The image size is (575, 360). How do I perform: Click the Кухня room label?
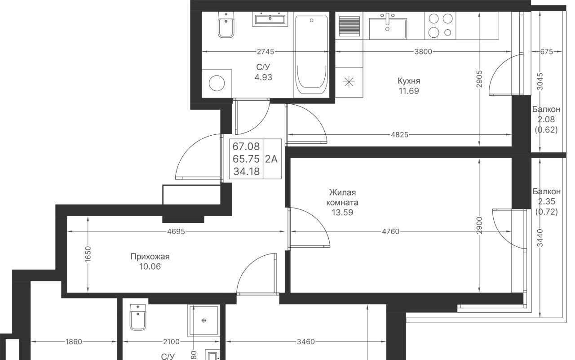[x=409, y=81]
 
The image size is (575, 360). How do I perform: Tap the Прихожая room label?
[x=150, y=257]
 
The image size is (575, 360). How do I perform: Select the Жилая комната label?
[x=342, y=197]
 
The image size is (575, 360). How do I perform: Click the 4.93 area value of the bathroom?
[x=263, y=77]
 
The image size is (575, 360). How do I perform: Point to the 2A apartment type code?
[x=271, y=159]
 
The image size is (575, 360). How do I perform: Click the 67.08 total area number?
[x=246, y=147]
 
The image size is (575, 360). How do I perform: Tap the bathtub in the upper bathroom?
[x=311, y=55]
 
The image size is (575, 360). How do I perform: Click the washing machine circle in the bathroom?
[x=217, y=83]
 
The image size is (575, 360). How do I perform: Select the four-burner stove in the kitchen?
[x=441, y=26]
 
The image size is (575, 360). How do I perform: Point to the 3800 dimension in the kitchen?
[x=423, y=52]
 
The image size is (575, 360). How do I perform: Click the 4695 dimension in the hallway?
[x=176, y=231]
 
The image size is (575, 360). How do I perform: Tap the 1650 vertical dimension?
[x=88, y=254]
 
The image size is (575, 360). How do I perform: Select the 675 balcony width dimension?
[x=547, y=52]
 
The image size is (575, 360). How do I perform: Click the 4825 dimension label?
[x=400, y=134]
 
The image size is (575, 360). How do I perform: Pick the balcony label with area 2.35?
[x=547, y=201]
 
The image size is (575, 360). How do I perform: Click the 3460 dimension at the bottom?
[x=306, y=342]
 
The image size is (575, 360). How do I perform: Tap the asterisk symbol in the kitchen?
[x=349, y=82]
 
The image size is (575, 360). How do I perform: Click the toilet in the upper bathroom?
[x=226, y=25]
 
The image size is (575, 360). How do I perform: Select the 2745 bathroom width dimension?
[x=265, y=52]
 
